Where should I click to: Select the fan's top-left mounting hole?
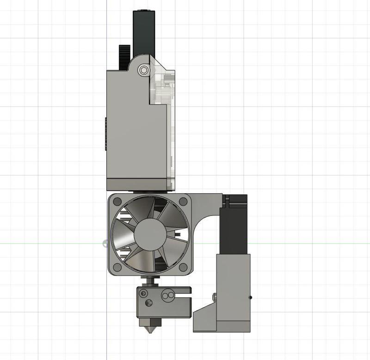click(x=117, y=201)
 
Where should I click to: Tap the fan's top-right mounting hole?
click(x=183, y=201)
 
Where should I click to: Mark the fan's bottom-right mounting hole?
click(x=183, y=267)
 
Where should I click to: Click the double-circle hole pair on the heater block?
click(x=167, y=294)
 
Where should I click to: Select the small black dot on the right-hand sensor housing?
click(x=250, y=298)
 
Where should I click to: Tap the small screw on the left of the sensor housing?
click(x=214, y=296)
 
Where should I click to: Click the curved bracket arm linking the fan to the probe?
click(x=208, y=208)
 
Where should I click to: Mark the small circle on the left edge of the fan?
click(x=105, y=244)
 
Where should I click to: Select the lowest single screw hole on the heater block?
click(x=148, y=303)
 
